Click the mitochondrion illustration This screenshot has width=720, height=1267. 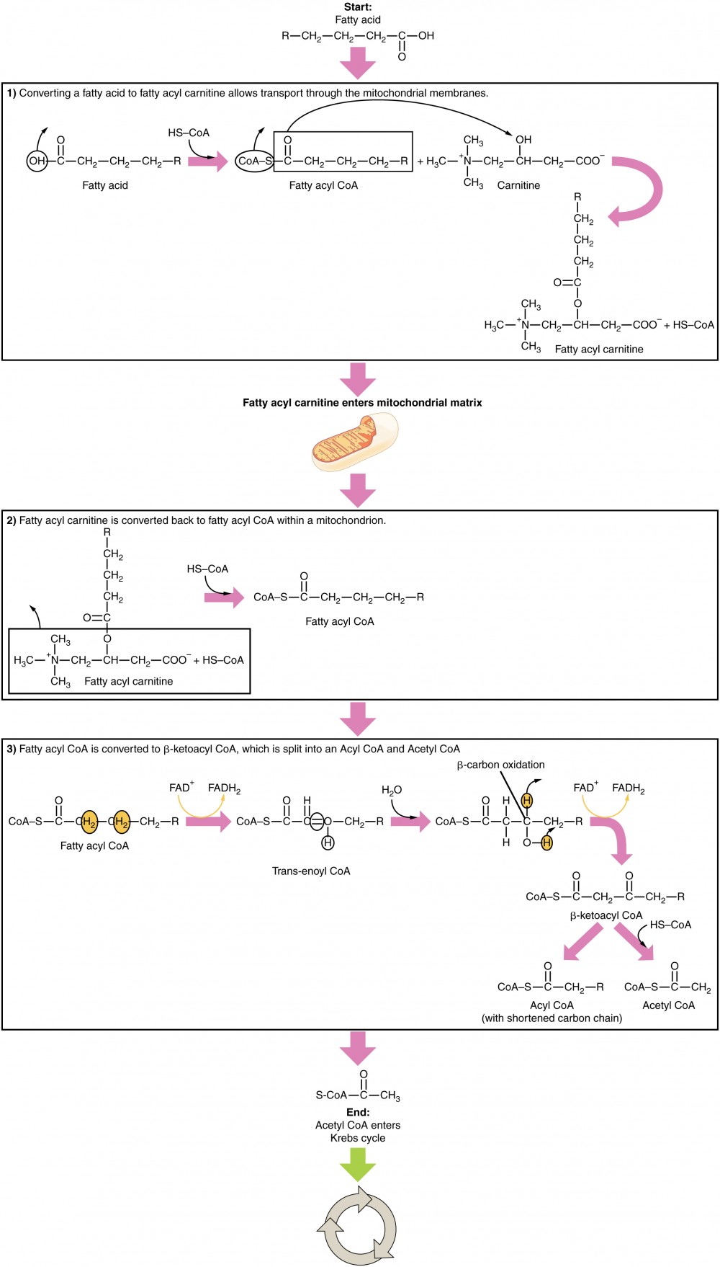pyautogui.click(x=354, y=443)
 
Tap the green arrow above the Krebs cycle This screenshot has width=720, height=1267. pyautogui.click(x=358, y=1163)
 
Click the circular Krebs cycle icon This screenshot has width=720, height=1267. pyautogui.click(x=357, y=1226)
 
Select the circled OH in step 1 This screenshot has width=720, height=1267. pyautogui.click(x=37, y=161)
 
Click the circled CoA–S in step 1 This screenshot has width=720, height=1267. pyautogui.click(x=254, y=161)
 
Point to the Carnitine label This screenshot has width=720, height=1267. pyautogui.click(x=518, y=185)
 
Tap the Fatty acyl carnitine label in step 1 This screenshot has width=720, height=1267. pyautogui.click(x=599, y=349)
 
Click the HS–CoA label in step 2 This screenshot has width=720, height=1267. pyautogui.click(x=207, y=569)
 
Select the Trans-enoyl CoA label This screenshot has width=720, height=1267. pyautogui.click(x=311, y=871)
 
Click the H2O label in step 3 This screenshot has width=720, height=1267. pyautogui.click(x=392, y=790)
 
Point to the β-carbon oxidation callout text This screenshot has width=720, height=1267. pyautogui.click(x=500, y=765)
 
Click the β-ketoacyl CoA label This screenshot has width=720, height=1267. pyautogui.click(x=606, y=915)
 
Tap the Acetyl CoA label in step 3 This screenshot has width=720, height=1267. pyautogui.click(x=668, y=1005)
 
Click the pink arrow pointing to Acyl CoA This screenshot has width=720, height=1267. pyautogui.click(x=582, y=942)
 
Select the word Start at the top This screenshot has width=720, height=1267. pyautogui.click(x=358, y=6)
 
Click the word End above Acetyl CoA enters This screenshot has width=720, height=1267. pyautogui.click(x=358, y=1112)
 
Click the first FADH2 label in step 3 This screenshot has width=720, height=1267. pyautogui.click(x=224, y=788)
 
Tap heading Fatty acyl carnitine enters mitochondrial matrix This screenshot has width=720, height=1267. pyautogui.click(x=362, y=403)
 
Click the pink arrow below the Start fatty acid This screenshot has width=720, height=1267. pyautogui.click(x=358, y=63)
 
